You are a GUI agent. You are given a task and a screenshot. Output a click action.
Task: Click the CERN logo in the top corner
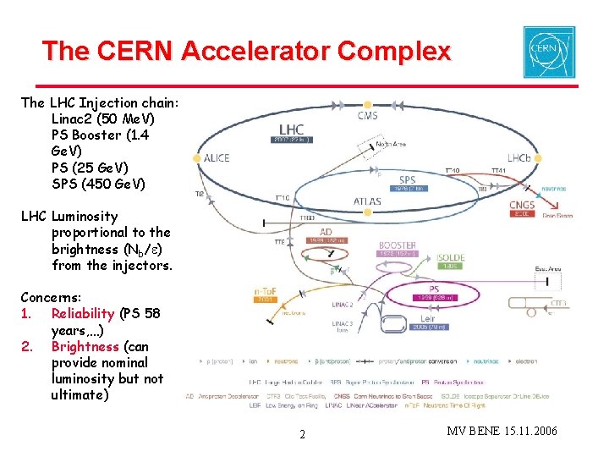[550, 51]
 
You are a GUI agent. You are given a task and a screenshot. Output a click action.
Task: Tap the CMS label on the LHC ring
[367, 115]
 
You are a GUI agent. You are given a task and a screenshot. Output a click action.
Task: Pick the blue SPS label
[408, 180]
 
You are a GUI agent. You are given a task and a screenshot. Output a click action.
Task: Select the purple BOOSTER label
[398, 245]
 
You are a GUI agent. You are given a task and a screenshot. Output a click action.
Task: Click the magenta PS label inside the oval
[432, 289]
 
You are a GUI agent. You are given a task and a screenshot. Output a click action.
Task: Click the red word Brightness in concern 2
[85, 346]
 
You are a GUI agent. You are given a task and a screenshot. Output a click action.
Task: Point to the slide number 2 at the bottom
[303, 435]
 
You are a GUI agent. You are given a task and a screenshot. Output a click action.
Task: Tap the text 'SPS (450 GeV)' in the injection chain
[98, 184]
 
